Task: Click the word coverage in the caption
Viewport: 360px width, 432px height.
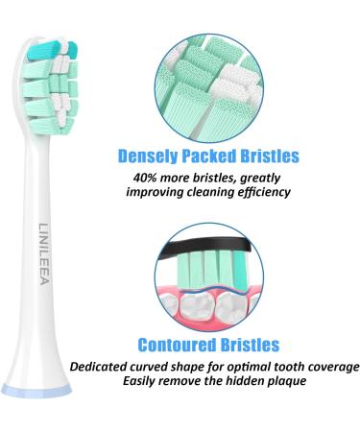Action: [329, 366]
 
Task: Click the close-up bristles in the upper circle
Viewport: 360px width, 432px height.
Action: [208, 81]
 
